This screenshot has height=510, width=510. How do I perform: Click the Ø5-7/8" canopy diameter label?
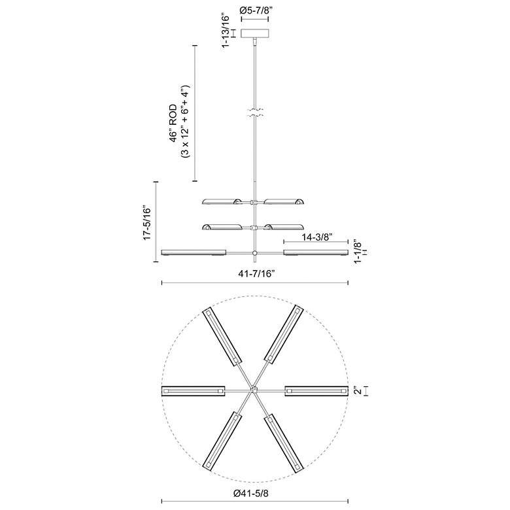(255, 10)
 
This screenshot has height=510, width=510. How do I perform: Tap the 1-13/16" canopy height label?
(226, 30)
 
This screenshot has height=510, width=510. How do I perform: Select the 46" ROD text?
(173, 124)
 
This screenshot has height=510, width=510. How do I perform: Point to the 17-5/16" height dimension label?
(147, 223)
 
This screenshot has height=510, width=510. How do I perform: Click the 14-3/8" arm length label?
(316, 237)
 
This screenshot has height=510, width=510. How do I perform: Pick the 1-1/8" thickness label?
(357, 252)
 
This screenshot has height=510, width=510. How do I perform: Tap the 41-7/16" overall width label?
(256, 274)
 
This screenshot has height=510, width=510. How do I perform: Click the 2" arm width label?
(358, 390)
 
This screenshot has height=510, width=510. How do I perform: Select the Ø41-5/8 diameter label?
(251, 494)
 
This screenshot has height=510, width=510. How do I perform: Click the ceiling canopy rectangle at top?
(255, 33)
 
